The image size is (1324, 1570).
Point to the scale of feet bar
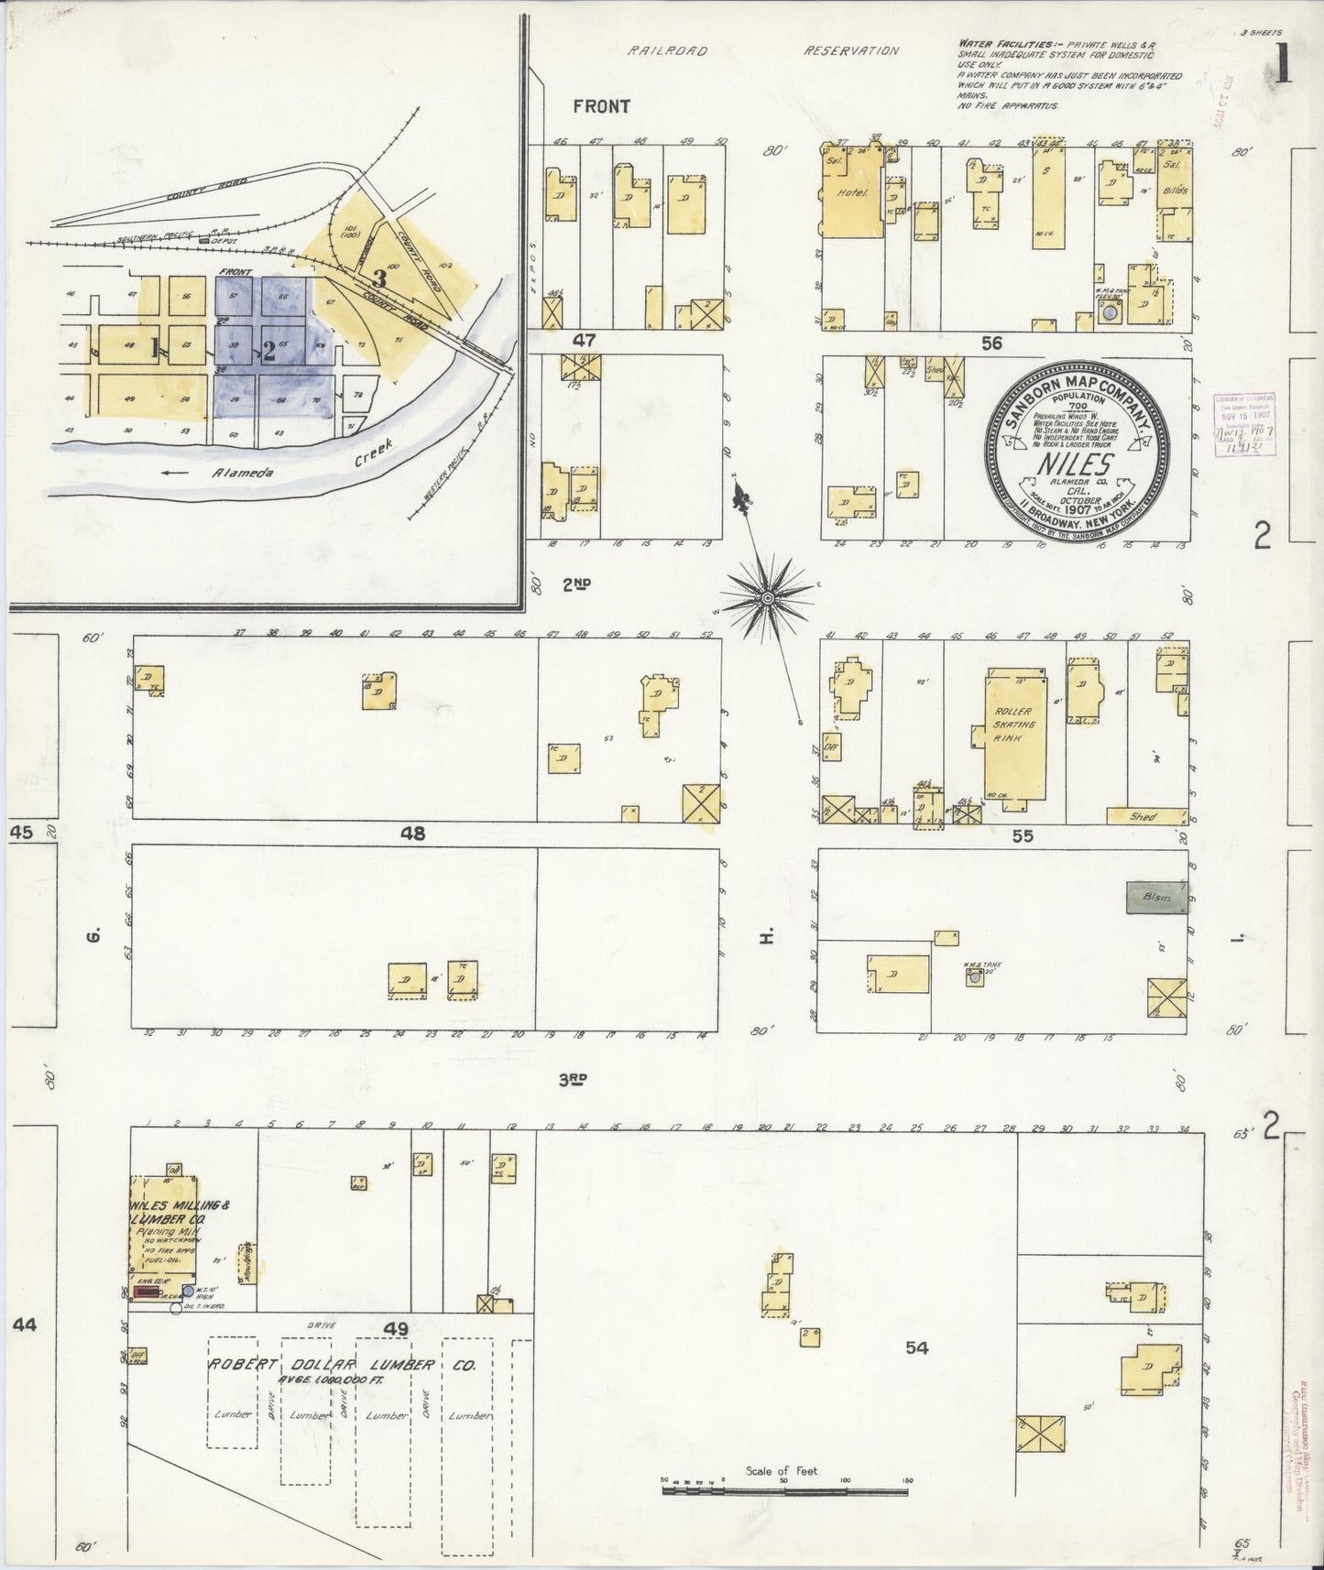tap(784, 1491)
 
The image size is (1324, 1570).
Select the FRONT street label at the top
tap(601, 106)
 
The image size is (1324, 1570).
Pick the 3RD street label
tap(573, 1080)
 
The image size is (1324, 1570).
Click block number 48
tap(413, 834)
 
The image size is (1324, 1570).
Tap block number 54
tap(916, 1346)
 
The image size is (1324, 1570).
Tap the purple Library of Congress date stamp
tap(1243, 425)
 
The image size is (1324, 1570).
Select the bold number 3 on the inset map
tap(378, 278)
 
